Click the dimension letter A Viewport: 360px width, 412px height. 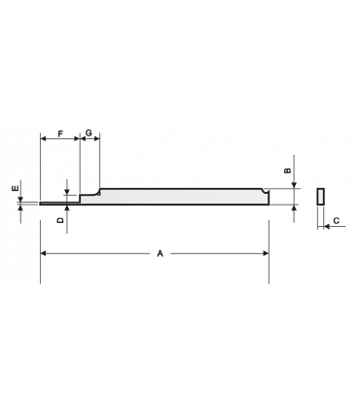160,253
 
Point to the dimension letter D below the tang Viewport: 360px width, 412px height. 60,222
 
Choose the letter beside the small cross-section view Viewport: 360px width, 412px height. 336,222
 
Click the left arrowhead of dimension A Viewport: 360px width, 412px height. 43,253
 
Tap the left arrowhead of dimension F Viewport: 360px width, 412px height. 42,140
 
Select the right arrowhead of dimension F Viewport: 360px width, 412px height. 78,140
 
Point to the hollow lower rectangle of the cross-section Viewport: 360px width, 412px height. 319,215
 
